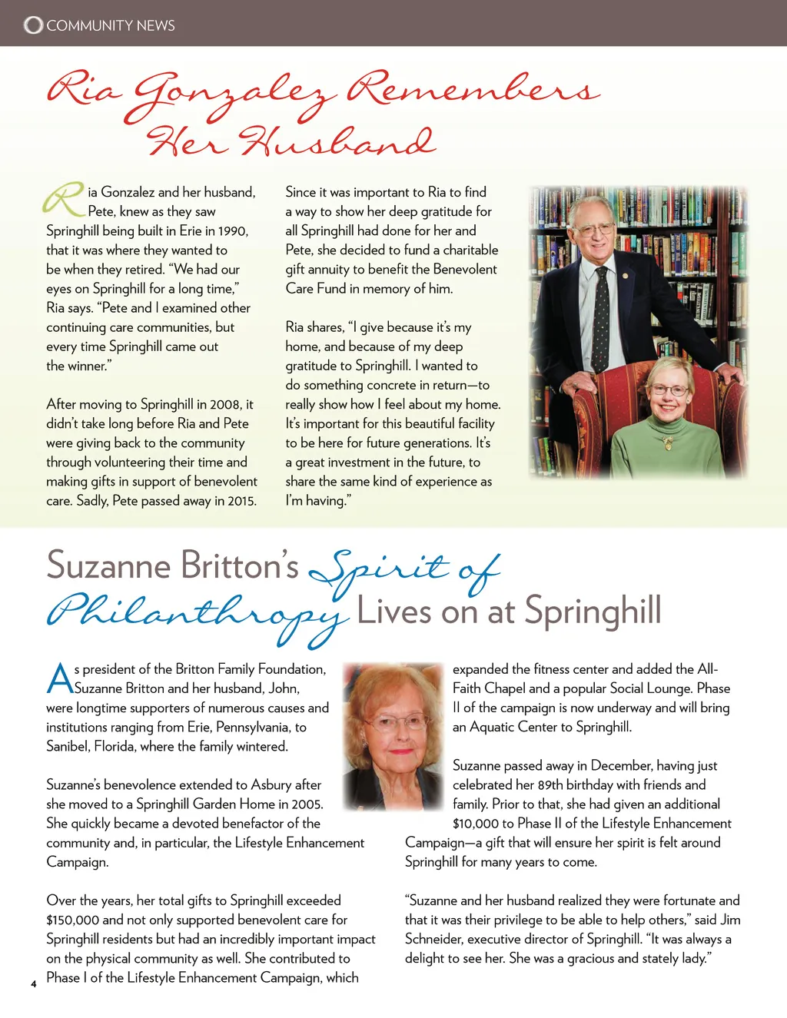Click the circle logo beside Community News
pyautogui.click(x=33, y=25)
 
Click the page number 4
pyautogui.click(x=33, y=983)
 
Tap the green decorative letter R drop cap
pyautogui.click(x=64, y=199)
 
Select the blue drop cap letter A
pyautogui.click(x=60, y=678)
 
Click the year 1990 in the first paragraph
pyautogui.click(x=233, y=230)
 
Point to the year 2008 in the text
pyautogui.click(x=225, y=404)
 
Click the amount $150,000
pyautogui.click(x=72, y=920)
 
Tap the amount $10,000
pyautogui.click(x=476, y=824)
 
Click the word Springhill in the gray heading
pyautogui.click(x=593, y=612)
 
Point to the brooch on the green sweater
pyautogui.click(x=667, y=443)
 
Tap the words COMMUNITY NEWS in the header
pyautogui.click(x=111, y=25)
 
